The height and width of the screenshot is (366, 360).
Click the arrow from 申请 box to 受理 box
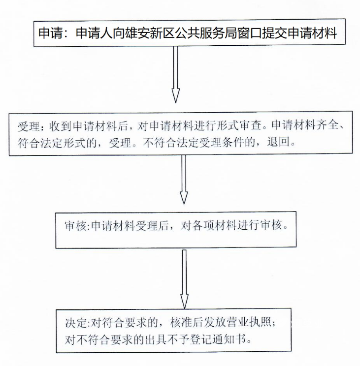pyautogui.click(x=175, y=74)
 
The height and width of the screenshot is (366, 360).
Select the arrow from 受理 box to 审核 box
pyautogui.click(x=184, y=179)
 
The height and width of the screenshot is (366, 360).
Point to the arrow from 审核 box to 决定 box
pyautogui.click(x=184, y=279)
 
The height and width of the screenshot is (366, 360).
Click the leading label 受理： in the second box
pyautogui.click(x=32, y=126)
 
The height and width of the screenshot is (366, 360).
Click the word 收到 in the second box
pyautogui.click(x=60, y=126)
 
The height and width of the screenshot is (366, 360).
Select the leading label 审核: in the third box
pyautogui.click(x=77, y=226)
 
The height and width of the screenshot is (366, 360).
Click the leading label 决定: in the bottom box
pyautogui.click(x=77, y=323)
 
